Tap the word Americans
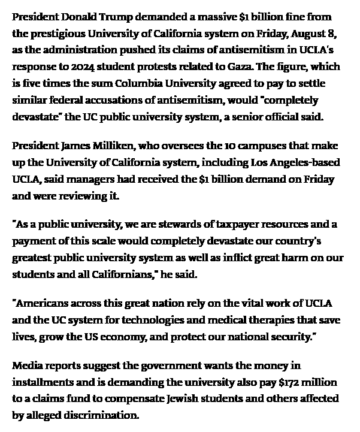tap(41, 304)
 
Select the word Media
tap(26, 365)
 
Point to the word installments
tap(42, 382)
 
